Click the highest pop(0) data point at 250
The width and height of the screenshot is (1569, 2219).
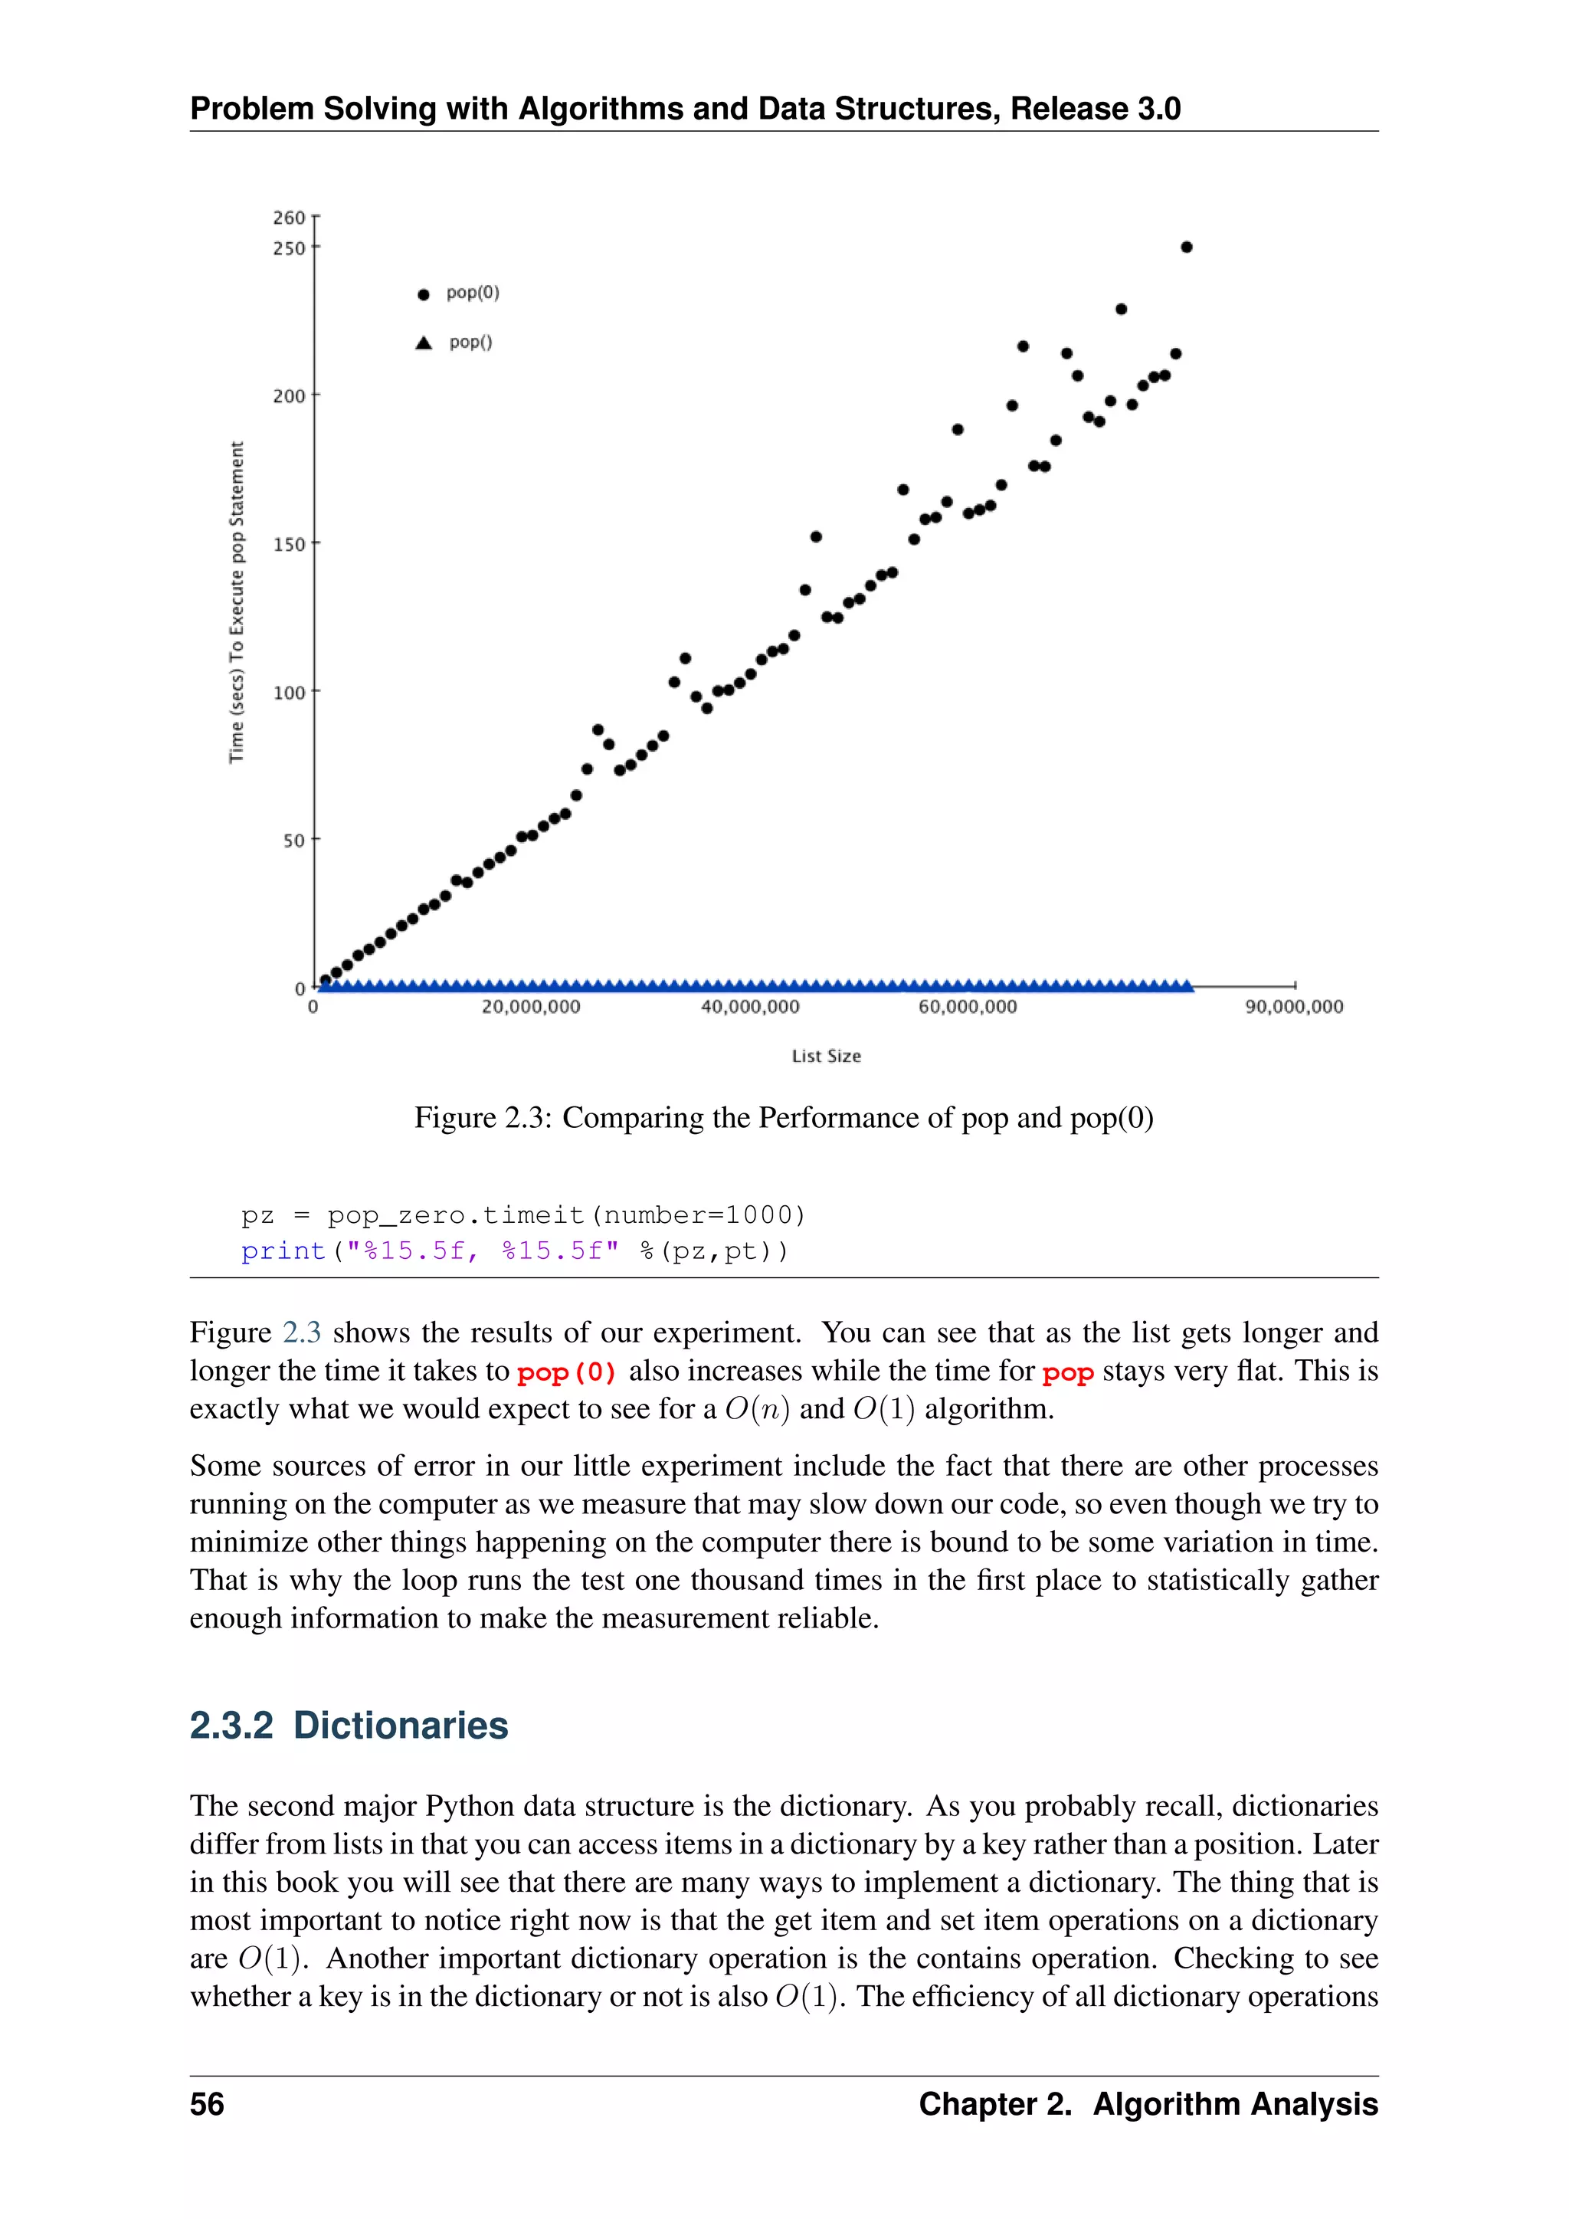tap(1187, 247)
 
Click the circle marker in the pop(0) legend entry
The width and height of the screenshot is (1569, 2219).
tap(423, 295)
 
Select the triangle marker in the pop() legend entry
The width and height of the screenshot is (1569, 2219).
tap(423, 343)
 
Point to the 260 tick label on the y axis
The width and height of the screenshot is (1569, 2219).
tap(288, 218)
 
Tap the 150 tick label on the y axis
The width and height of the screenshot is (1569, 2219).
tap(288, 545)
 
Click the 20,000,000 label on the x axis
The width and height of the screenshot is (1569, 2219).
tap(532, 1007)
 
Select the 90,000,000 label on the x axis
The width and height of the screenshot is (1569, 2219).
tap(1294, 1007)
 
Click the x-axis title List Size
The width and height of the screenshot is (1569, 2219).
tap(826, 1057)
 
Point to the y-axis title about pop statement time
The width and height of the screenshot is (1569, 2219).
tap(237, 602)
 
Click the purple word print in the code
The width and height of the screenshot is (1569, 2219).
tap(283, 1251)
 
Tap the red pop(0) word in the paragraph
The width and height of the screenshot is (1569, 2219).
tap(566, 1372)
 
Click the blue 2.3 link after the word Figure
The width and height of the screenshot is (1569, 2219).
tap(301, 1332)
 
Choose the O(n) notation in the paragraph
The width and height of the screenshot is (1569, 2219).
tap(758, 1410)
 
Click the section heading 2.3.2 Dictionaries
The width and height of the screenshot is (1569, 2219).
tap(349, 1725)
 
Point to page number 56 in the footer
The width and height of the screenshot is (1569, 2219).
tap(207, 2104)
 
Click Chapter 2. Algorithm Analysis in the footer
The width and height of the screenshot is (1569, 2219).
tap(1148, 2104)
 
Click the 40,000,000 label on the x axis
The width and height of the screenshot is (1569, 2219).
tap(750, 1007)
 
